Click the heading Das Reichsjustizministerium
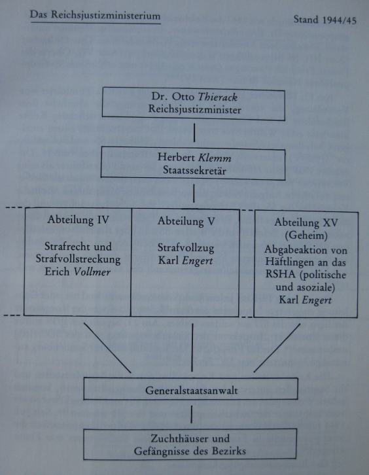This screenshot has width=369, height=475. click(x=95, y=15)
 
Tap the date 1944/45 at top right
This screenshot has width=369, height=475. click(x=340, y=20)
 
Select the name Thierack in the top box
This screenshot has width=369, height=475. click(x=217, y=97)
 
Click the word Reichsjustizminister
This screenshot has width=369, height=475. click(x=194, y=109)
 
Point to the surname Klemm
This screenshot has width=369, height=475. click(x=215, y=158)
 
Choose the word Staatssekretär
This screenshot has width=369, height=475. click(x=194, y=170)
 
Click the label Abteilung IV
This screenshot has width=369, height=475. click(x=78, y=220)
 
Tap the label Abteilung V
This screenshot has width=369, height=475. click(x=186, y=221)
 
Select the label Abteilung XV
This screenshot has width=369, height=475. click(x=306, y=222)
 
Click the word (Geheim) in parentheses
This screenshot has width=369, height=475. click(x=306, y=236)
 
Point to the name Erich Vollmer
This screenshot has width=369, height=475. click(x=78, y=272)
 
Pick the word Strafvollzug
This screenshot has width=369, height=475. click(x=186, y=249)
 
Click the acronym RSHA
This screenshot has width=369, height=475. click(x=280, y=274)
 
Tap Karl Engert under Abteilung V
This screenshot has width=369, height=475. click(x=185, y=261)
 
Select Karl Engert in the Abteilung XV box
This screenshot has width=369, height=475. click(x=305, y=300)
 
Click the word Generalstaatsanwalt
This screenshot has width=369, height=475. click(x=192, y=390)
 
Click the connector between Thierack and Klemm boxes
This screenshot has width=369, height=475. click(x=194, y=132)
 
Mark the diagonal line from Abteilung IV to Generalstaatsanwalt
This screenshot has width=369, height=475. click(x=107, y=348)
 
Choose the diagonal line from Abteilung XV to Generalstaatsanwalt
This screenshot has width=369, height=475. click(x=277, y=348)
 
